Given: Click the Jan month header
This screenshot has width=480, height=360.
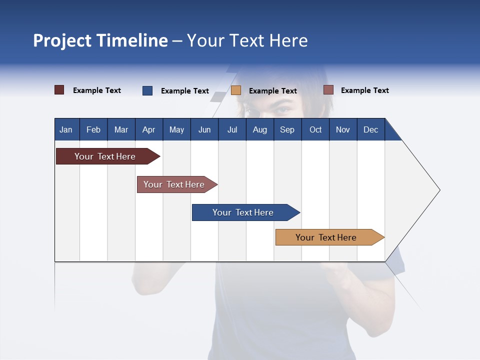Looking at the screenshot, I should (x=66, y=129).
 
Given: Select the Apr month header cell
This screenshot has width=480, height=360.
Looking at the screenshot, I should (x=149, y=129).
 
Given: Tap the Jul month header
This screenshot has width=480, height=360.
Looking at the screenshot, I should (x=232, y=129).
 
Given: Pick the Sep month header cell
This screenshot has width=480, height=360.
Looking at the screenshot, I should (x=287, y=129).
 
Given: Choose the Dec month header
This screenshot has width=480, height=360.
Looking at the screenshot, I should (x=370, y=129).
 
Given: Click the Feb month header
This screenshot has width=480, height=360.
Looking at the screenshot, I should (x=93, y=129).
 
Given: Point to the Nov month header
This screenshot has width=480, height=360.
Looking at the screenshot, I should (x=343, y=129).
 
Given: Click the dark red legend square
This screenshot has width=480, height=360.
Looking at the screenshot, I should (x=59, y=90).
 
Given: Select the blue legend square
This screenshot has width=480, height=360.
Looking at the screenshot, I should (x=147, y=90).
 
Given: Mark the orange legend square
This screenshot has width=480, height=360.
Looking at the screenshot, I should (x=236, y=90).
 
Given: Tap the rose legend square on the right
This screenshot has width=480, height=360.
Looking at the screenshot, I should (x=328, y=90).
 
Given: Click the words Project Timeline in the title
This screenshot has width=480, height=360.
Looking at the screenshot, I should (x=100, y=40).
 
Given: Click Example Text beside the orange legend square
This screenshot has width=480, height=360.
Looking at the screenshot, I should (x=272, y=91).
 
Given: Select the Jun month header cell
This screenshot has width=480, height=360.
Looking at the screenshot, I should (x=204, y=129).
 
